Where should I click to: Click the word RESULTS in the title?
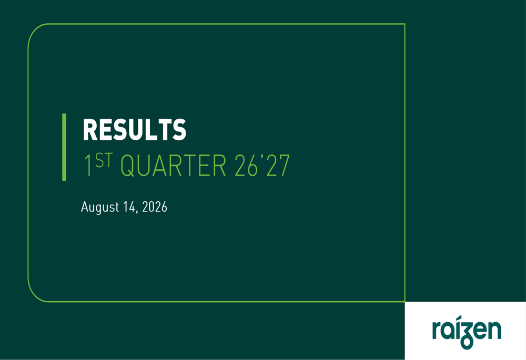pyautogui.click(x=134, y=130)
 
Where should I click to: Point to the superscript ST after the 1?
pyautogui.click(x=104, y=160)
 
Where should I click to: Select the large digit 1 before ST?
pyautogui.click(x=88, y=165)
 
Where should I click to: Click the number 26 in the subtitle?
pyautogui.click(x=246, y=165)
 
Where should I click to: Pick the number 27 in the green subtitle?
pyautogui.click(x=278, y=165)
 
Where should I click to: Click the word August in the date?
pyautogui.click(x=100, y=207)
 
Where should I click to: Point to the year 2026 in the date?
pyautogui.click(x=155, y=207)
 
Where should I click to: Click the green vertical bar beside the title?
pyautogui.click(x=64, y=147)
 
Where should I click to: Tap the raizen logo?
pyautogui.click(x=467, y=332)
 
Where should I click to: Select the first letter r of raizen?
pyautogui.click(x=437, y=331)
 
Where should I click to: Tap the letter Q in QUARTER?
pyautogui.click(x=127, y=166)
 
